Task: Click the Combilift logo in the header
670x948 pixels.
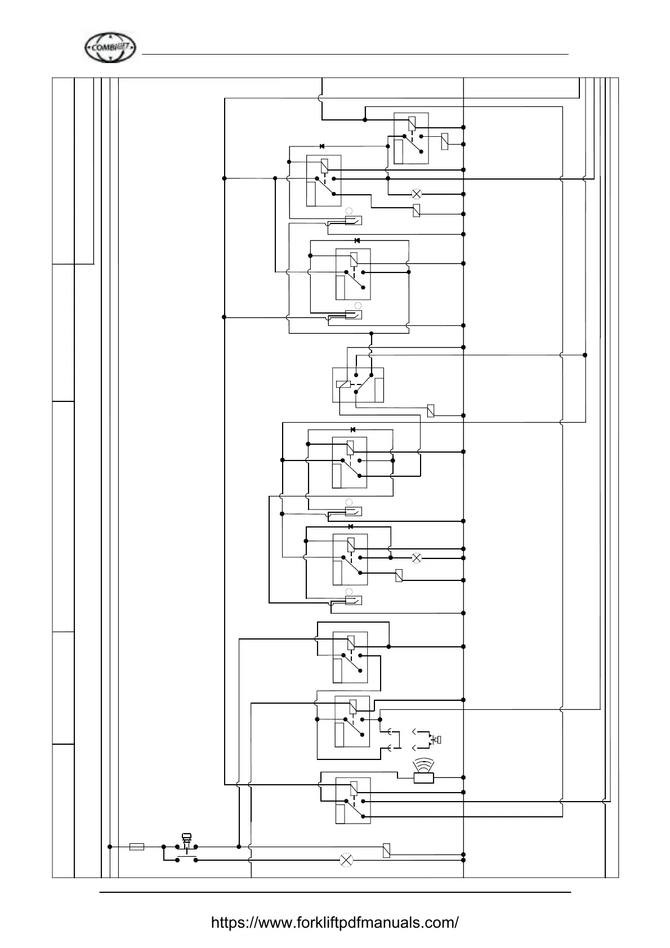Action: click(110, 47)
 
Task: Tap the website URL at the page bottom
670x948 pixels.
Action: click(334, 922)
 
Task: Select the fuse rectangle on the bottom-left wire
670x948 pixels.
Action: click(136, 847)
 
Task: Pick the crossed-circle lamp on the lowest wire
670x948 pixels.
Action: click(346, 860)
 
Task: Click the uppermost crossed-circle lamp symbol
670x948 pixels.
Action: click(417, 194)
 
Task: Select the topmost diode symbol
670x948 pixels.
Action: click(322, 146)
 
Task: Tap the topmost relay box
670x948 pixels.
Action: click(411, 138)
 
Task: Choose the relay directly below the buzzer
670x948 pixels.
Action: click(353, 801)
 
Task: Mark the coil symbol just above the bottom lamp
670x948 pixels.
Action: click(386, 850)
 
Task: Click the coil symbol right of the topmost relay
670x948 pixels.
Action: click(444, 141)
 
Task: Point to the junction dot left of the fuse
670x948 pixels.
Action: click(110, 847)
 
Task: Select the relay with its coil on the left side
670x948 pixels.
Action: click(358, 384)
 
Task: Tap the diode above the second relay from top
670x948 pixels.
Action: click(357, 240)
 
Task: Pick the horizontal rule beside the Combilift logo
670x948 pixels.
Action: click(355, 54)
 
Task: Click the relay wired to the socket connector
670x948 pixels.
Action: click(352, 722)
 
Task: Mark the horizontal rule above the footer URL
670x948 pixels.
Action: click(335, 892)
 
